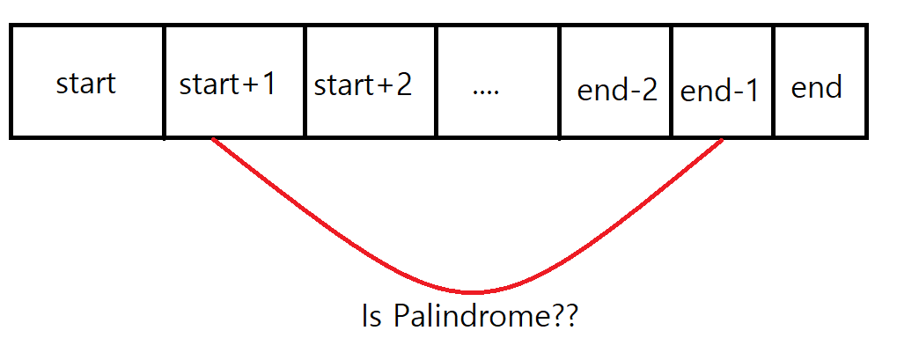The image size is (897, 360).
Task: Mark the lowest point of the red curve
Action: pyautogui.click(x=473, y=292)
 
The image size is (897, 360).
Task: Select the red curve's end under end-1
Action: pyautogui.click(x=724, y=139)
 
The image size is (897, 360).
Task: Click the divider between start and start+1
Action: pyautogui.click(x=164, y=82)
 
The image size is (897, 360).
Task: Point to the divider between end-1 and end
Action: pyautogui.click(x=774, y=82)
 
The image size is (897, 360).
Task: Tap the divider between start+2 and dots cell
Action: pyautogui.click(x=436, y=82)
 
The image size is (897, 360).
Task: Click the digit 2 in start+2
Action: pyautogui.click(x=403, y=85)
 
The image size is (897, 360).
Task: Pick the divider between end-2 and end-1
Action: pyautogui.click(x=671, y=82)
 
